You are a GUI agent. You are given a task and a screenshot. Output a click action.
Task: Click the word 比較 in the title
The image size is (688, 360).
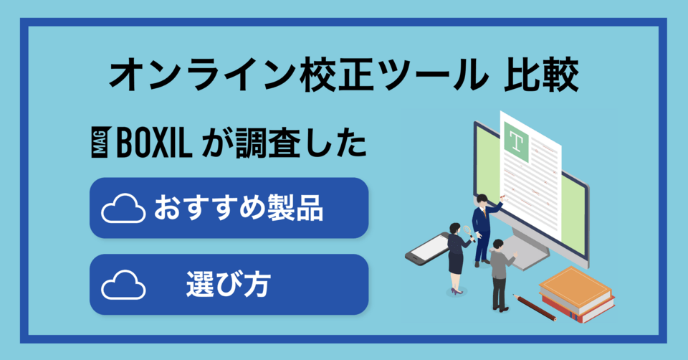click(x=541, y=75)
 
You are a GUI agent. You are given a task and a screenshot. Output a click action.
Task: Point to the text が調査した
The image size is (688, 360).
click(x=284, y=143)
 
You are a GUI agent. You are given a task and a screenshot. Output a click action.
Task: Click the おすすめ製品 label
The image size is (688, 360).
click(x=239, y=208)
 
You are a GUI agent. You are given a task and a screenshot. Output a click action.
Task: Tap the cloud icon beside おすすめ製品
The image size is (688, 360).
click(x=123, y=208)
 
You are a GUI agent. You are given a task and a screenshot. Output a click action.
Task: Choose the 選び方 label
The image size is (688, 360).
click(x=228, y=284)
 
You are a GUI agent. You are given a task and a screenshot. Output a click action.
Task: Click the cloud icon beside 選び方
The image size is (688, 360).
click(x=123, y=285)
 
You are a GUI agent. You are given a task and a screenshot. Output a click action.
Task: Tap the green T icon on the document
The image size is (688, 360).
click(x=517, y=143)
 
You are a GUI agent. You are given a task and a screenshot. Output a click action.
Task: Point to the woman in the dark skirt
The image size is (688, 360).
click(x=457, y=258)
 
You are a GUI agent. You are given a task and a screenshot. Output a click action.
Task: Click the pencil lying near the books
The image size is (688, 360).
click(x=534, y=308)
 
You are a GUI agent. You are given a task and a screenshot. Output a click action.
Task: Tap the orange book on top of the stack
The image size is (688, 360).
click(x=575, y=286)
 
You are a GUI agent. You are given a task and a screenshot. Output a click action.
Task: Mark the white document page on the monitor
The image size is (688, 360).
click(x=530, y=176)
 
